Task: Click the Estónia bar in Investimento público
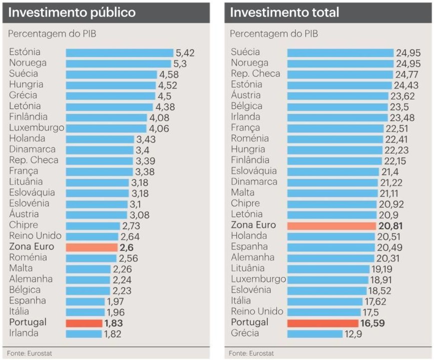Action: (119, 52)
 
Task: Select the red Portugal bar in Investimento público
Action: (84, 323)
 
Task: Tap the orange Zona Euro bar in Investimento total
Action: (331, 225)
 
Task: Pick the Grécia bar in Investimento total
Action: (314, 333)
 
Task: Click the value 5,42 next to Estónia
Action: (185, 52)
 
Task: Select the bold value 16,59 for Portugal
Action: (372, 323)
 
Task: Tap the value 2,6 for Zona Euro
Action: (127, 247)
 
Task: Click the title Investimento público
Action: (72, 13)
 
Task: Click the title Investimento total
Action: (284, 13)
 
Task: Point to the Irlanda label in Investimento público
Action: (24, 333)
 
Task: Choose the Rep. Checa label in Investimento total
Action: (255, 73)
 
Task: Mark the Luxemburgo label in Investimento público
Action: (37, 127)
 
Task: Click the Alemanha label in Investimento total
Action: (252, 257)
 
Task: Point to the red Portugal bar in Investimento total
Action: (322, 323)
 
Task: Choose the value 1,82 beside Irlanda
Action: (113, 333)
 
